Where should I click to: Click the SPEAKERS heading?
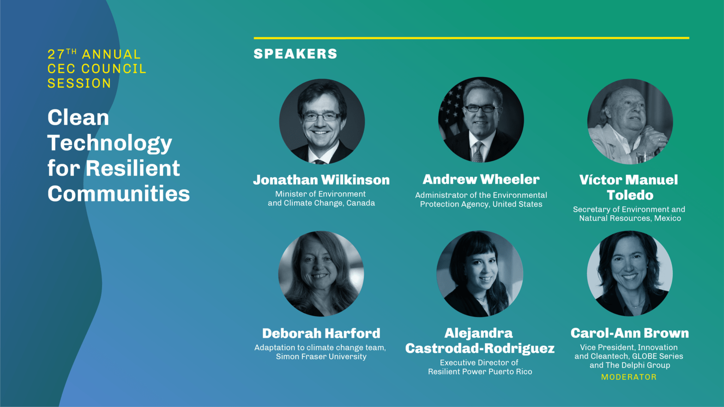pyautogui.click(x=296, y=54)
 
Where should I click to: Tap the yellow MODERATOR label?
pyautogui.click(x=629, y=377)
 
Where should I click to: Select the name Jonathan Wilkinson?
pyautogui.click(x=321, y=180)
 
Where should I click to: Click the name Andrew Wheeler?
pyautogui.click(x=481, y=180)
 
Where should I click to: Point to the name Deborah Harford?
pyautogui.click(x=321, y=333)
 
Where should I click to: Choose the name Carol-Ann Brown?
pyautogui.click(x=630, y=333)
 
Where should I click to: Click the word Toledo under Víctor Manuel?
pyautogui.click(x=630, y=195)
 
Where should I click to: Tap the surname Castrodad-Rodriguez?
pyautogui.click(x=480, y=348)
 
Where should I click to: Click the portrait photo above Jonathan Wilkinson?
pyautogui.click(x=322, y=121)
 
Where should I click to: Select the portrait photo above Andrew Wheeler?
pyautogui.click(x=481, y=120)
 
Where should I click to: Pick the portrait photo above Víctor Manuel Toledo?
pyautogui.click(x=630, y=121)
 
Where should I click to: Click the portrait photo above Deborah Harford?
pyautogui.click(x=321, y=274)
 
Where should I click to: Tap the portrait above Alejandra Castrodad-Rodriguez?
pyautogui.click(x=480, y=274)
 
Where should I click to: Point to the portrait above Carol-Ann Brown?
pyautogui.click(x=630, y=273)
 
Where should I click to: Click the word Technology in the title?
pyautogui.click(x=109, y=143)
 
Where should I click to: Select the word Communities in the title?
pyautogui.click(x=119, y=193)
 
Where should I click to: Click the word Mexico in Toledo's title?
pyautogui.click(x=668, y=218)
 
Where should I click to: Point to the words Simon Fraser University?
pyautogui.click(x=321, y=357)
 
